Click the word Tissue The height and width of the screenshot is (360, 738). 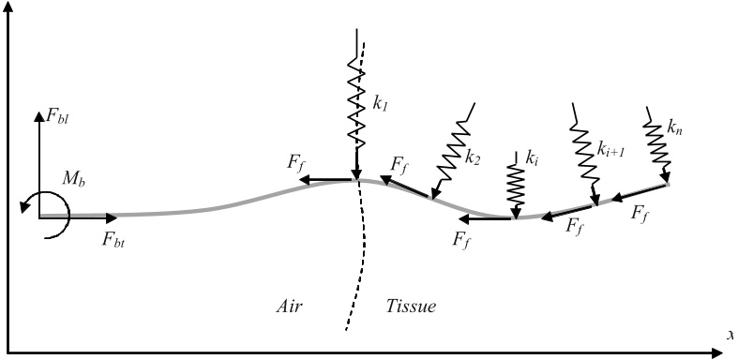tap(411, 306)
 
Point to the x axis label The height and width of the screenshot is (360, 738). tap(730, 335)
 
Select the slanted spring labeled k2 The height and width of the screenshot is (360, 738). tap(454, 149)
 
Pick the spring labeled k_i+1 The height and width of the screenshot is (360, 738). tap(584, 154)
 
